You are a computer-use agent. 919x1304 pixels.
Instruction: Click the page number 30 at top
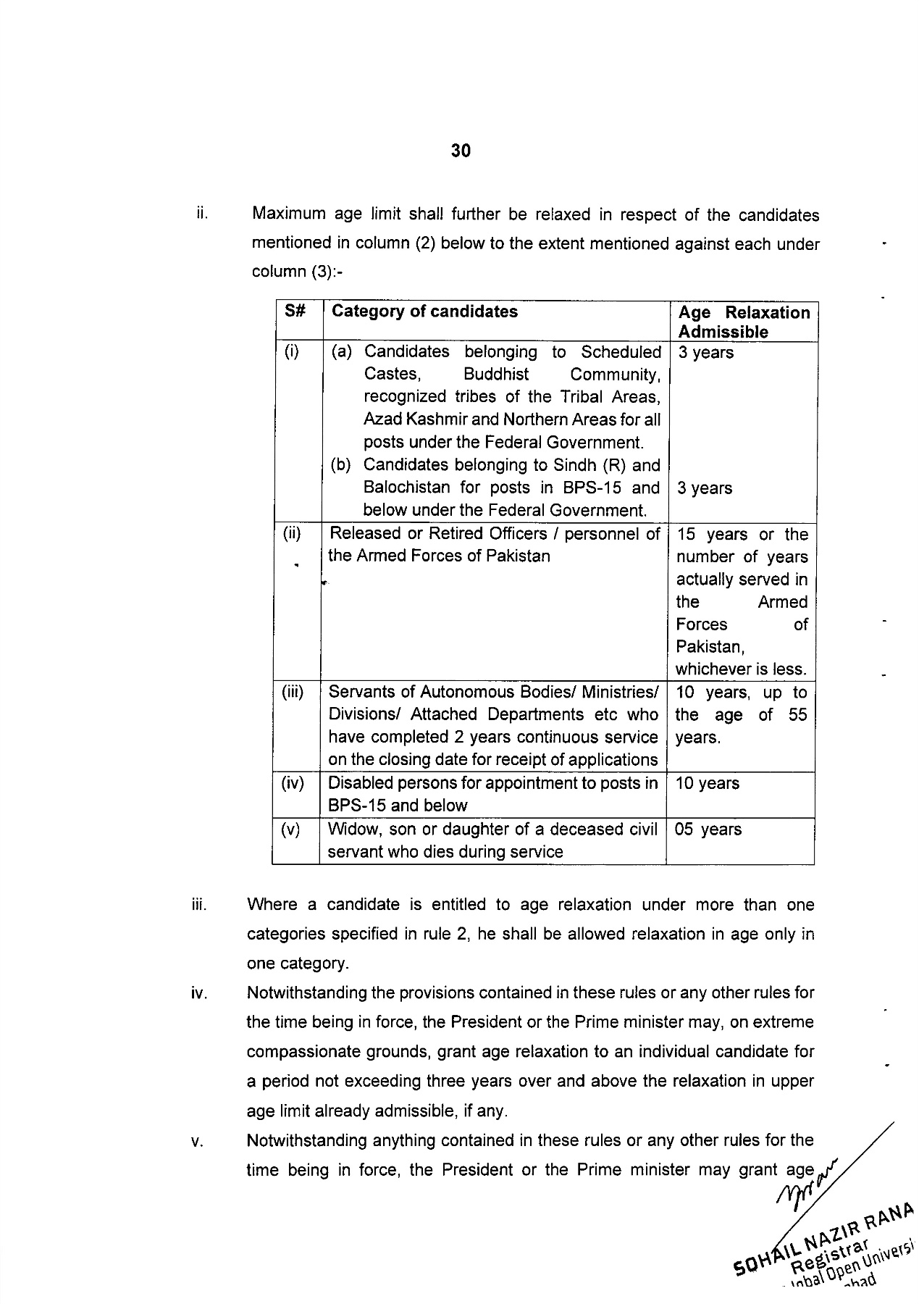coord(461,151)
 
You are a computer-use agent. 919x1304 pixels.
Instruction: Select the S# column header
coord(295,312)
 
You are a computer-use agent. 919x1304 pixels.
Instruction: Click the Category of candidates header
coord(424,312)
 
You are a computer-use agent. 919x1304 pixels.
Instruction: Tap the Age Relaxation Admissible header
coord(744,322)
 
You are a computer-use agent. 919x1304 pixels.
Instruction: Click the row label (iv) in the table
coord(293,783)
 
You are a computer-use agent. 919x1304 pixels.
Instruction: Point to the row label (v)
coord(291,829)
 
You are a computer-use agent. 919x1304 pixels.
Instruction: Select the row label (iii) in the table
coord(293,692)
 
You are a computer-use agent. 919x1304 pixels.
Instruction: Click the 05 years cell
coord(708,829)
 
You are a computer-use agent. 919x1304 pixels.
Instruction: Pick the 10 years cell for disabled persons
coord(707,783)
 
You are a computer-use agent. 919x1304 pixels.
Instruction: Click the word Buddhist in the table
coord(496,375)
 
